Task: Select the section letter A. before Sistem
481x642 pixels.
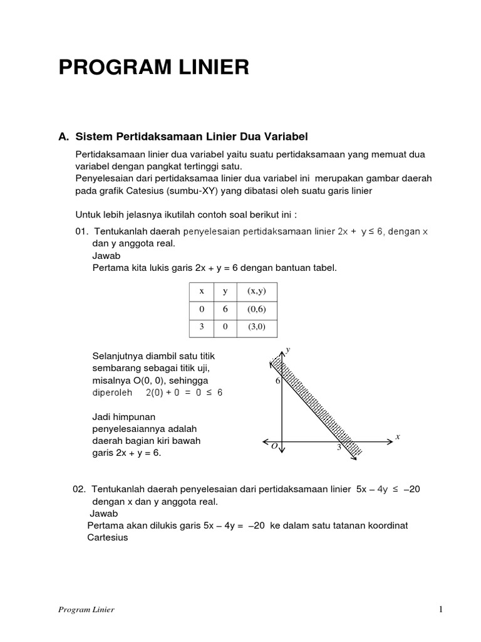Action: pyautogui.click(x=63, y=136)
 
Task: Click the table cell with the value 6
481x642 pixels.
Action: pyautogui.click(x=225, y=309)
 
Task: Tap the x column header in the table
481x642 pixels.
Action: pyautogui.click(x=201, y=291)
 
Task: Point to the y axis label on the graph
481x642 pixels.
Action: pyautogui.click(x=288, y=349)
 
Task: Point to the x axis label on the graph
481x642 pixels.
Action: pyautogui.click(x=397, y=436)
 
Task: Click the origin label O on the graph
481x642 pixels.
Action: pyautogui.click(x=274, y=446)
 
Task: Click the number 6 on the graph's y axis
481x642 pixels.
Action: pyautogui.click(x=277, y=381)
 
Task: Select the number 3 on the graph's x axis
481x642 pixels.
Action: pyautogui.click(x=339, y=447)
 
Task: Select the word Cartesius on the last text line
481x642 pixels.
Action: pyautogui.click(x=107, y=537)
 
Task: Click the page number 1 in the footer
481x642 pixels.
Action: pyautogui.click(x=441, y=609)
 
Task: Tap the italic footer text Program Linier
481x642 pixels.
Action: pyautogui.click(x=85, y=609)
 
